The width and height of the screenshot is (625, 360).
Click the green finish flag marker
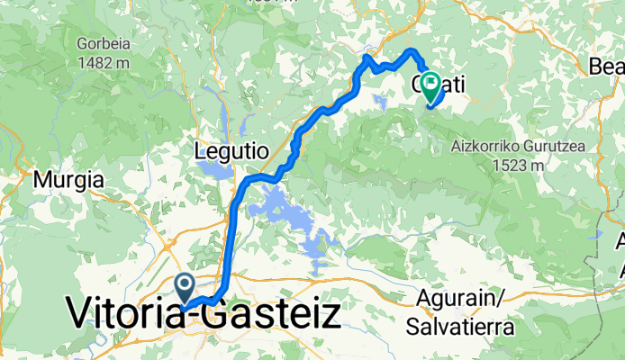(x=430, y=86)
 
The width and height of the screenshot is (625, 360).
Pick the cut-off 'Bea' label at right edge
(x=606, y=66)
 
